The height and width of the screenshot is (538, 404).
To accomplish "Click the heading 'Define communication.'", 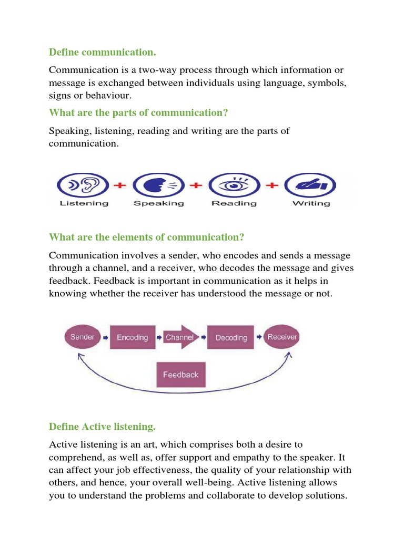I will (x=103, y=53).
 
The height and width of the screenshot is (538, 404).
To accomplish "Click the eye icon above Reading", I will (x=234, y=185).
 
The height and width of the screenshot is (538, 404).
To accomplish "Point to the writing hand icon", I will (x=310, y=185).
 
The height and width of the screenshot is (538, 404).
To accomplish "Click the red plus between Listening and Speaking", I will (x=120, y=185).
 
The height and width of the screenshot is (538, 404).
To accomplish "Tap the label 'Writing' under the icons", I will (x=311, y=203).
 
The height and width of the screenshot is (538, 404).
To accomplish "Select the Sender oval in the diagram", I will (x=82, y=337).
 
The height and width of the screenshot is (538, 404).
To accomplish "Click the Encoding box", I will (x=133, y=338).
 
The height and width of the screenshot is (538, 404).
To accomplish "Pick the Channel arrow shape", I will (x=180, y=338).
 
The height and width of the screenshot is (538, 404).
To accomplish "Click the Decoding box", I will (x=231, y=338).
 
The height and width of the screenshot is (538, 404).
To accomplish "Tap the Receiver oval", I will (x=282, y=337).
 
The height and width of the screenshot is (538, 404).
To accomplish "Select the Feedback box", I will (x=180, y=375).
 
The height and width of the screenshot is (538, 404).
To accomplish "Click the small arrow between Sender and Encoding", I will (x=105, y=338).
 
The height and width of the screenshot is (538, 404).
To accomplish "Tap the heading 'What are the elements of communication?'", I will (x=147, y=237).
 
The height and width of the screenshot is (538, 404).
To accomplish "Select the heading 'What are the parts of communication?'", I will (x=139, y=112).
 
